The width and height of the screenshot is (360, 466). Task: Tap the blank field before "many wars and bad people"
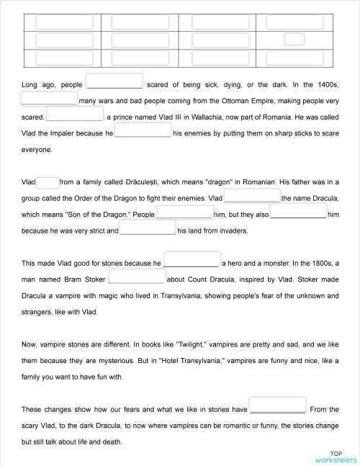[x=49, y=99]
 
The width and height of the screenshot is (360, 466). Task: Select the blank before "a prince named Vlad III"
[x=75, y=115]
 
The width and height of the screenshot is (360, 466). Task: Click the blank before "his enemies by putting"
[x=143, y=131]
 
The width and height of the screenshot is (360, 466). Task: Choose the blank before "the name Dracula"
[x=252, y=197]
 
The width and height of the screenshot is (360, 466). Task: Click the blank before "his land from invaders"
[x=148, y=230]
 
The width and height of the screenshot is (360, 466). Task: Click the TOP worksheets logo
[x=335, y=455]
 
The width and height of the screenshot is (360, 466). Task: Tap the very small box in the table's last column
[x=294, y=40]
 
